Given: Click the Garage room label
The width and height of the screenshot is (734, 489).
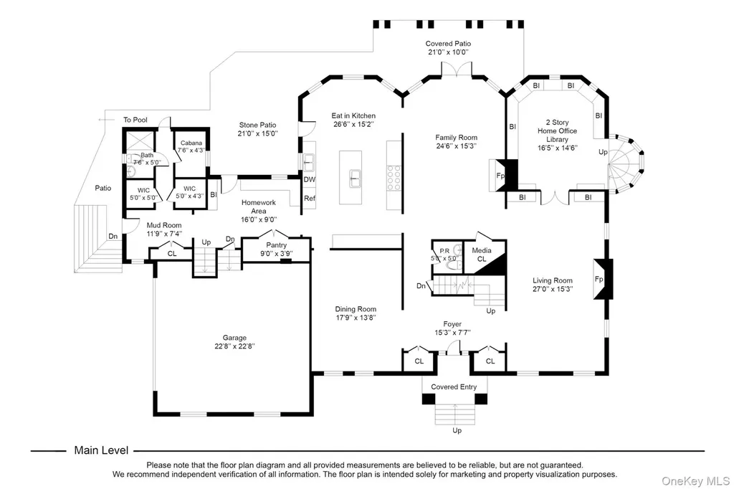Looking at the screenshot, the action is [x=234, y=338].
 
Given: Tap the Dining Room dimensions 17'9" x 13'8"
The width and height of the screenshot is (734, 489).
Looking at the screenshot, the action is [x=356, y=318].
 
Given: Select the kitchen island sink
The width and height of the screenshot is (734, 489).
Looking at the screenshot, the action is [x=354, y=179].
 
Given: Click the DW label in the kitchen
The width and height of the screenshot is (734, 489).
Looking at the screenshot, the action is [x=310, y=179].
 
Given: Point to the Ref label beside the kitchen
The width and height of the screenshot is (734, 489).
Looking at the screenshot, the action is [x=310, y=198].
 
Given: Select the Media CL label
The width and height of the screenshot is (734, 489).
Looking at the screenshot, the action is [x=482, y=255].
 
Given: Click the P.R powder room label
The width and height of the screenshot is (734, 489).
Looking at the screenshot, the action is [x=444, y=251].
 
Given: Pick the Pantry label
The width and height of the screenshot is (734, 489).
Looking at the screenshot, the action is [x=276, y=245].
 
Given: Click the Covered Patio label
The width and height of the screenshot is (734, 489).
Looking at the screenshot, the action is [x=448, y=44].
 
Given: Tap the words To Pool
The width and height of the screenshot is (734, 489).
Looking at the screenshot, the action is [x=135, y=120].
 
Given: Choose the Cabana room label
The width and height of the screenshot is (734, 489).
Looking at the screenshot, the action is [x=191, y=143].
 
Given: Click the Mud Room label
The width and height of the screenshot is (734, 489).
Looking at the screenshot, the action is [x=164, y=225].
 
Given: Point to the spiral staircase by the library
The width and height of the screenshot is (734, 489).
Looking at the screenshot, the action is [x=625, y=163].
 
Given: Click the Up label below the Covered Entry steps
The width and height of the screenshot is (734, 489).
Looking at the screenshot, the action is [x=457, y=430].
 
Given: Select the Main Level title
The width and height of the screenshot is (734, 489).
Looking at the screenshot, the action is [x=101, y=450].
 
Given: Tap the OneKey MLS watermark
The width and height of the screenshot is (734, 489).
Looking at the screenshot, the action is [x=695, y=481].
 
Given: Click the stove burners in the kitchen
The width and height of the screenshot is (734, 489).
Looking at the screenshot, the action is [x=394, y=178].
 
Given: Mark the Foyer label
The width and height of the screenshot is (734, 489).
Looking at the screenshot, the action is [x=452, y=324].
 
